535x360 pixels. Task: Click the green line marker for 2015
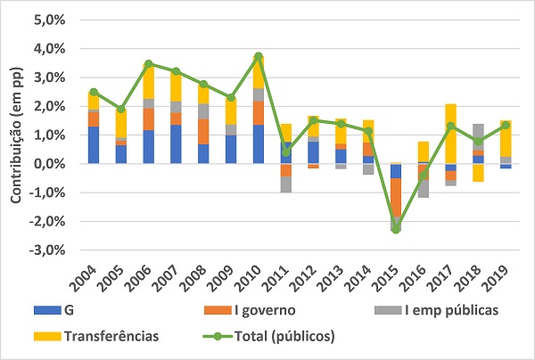click(396, 229)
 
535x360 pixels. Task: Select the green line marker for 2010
click(259, 56)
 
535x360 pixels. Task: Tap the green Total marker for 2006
click(149, 64)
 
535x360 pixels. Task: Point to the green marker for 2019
click(506, 125)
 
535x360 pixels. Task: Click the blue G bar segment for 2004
click(94, 145)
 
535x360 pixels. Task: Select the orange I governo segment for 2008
click(203, 131)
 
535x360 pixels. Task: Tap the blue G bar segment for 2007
click(176, 144)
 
